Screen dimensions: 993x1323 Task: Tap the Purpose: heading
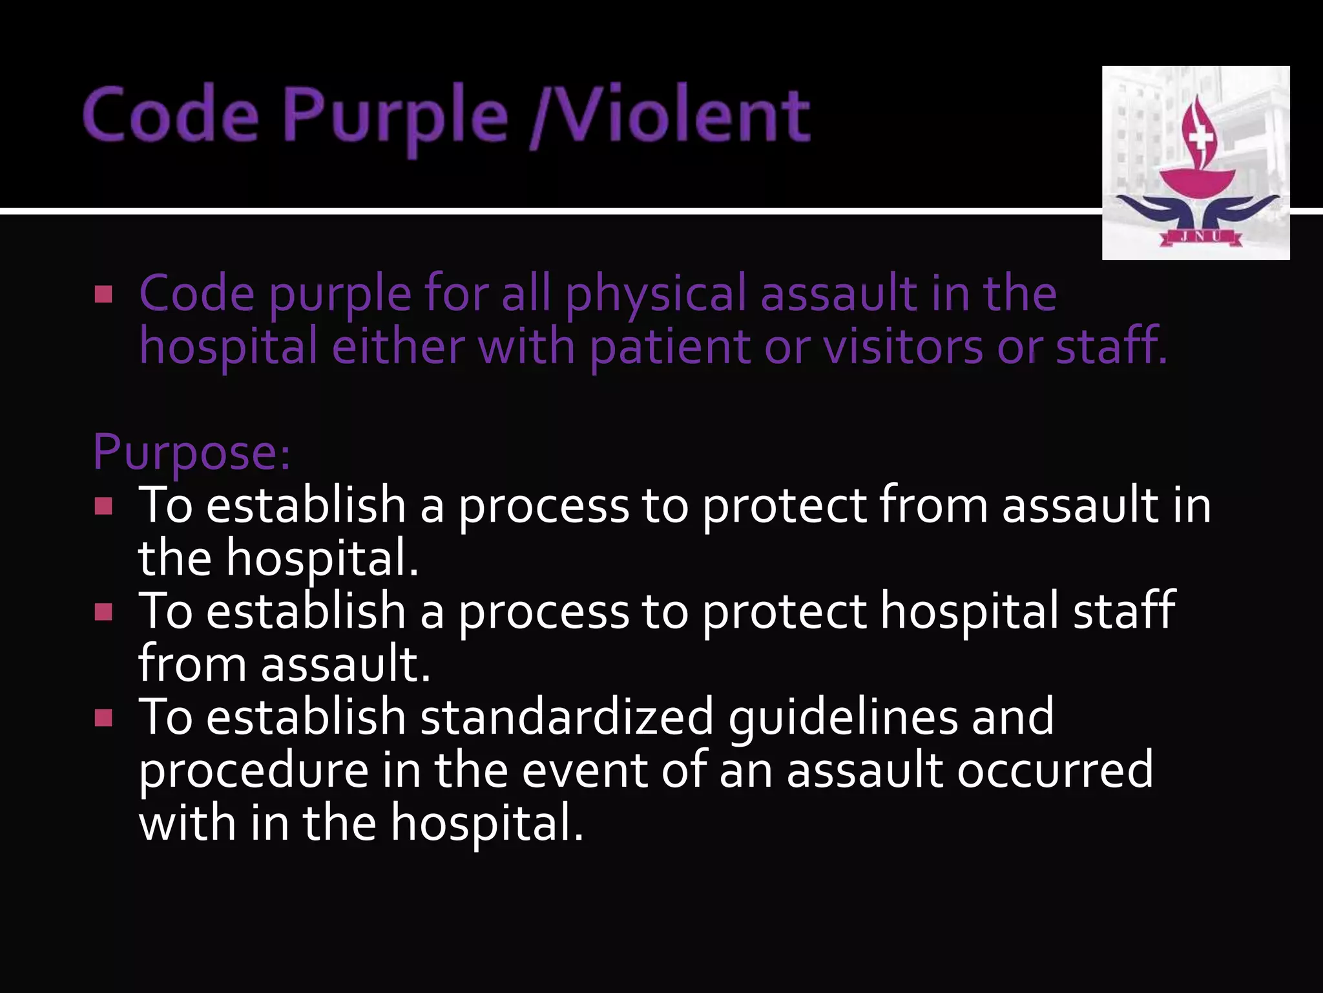click(192, 452)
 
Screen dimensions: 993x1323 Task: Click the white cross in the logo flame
click(1202, 138)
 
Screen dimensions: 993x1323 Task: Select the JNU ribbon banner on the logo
click(1200, 237)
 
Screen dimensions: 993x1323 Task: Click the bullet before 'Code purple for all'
click(103, 295)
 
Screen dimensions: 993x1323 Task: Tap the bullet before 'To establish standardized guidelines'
click(103, 718)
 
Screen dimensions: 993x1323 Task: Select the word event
click(584, 771)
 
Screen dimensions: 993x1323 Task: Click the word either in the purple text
click(398, 347)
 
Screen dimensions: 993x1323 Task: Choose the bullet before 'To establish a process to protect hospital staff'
click(103, 612)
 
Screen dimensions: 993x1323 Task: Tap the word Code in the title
click(171, 116)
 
